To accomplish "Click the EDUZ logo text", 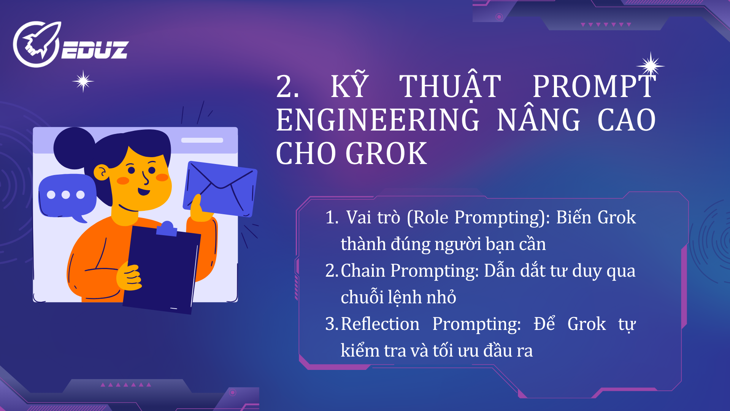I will [95, 50].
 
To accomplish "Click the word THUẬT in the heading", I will [450, 87].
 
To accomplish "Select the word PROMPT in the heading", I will [594, 87].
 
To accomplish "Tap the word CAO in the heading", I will [626, 120].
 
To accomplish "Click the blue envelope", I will [221, 189].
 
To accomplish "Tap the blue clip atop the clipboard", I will [167, 228].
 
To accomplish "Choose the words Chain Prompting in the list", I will [409, 271].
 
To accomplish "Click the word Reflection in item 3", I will [380, 324].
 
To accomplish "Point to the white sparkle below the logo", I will [83, 81].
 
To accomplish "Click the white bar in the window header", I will [202, 140].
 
